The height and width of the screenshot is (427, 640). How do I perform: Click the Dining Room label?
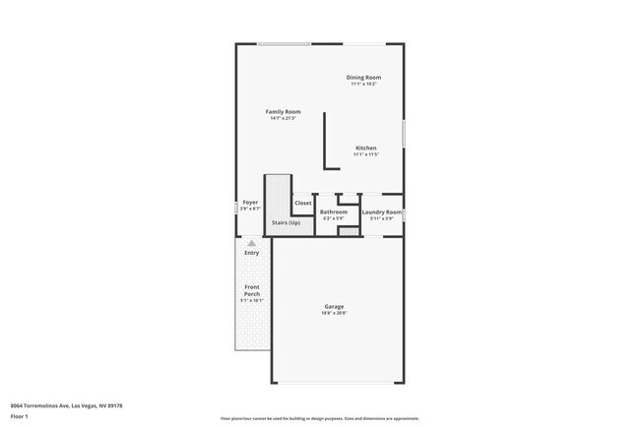363,78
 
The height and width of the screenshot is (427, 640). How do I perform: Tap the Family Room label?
283,111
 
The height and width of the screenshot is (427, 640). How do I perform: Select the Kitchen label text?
365,148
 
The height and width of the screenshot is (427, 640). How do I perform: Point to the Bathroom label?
334,212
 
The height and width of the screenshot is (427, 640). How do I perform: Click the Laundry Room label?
381,212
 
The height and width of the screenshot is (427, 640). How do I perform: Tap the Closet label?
303,203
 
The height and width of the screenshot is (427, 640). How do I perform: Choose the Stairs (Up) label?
287,222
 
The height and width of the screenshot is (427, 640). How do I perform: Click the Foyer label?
250,203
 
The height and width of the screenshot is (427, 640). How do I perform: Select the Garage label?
334,306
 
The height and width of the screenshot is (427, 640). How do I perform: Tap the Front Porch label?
253,291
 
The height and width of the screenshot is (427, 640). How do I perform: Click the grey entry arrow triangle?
252,242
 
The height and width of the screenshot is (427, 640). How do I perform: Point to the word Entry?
252,253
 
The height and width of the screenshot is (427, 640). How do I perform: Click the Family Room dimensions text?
283,118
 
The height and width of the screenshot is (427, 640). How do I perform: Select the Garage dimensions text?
334,313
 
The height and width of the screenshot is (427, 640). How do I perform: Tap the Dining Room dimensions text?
363,85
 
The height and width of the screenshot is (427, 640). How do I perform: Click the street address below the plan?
66,404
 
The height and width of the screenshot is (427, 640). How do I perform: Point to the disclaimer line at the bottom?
319,418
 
